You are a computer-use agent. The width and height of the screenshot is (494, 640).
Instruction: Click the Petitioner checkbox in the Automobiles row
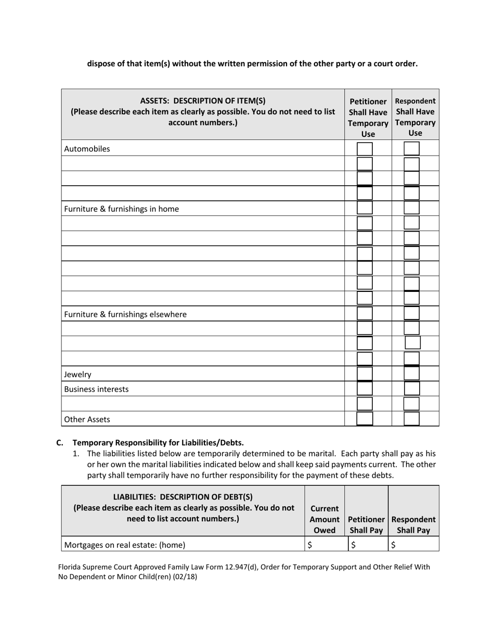[365, 149]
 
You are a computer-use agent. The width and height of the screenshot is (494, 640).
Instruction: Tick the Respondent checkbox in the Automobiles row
[412, 149]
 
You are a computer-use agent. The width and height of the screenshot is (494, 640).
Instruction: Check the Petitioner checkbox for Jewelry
[365, 374]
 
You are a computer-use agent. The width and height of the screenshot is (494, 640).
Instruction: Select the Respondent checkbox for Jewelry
[412, 374]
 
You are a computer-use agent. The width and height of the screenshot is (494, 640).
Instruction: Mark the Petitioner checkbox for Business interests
[365, 389]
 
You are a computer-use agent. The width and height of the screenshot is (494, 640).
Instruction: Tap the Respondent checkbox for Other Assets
[412, 419]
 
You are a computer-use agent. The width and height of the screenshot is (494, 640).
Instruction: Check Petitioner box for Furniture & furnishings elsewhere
[365, 314]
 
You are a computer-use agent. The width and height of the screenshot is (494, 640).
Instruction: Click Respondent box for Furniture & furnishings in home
[412, 209]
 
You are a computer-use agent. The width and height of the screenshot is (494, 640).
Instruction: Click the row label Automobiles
[87, 149]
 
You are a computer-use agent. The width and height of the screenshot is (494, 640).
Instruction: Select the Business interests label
[96, 389]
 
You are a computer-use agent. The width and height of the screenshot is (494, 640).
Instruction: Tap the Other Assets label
[87, 419]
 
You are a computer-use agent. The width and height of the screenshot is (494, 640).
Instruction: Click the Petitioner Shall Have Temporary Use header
[368, 118]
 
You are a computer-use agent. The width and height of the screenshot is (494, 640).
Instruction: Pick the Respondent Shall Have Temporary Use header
[415, 117]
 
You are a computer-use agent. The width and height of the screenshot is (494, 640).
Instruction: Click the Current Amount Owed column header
[324, 519]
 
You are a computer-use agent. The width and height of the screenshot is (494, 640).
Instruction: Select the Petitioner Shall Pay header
[367, 524]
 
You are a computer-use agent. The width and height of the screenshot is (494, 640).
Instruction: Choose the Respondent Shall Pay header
[413, 524]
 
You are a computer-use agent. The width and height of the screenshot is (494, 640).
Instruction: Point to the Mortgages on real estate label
[124, 545]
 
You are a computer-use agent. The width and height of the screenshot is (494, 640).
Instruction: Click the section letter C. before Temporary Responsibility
[60, 443]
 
